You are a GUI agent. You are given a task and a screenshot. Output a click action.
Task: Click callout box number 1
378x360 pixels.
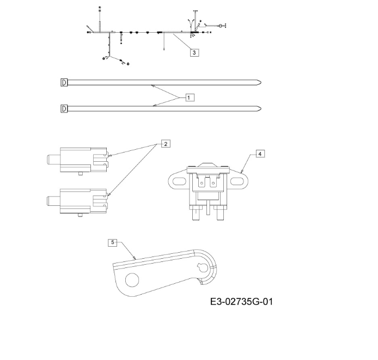coord(190,97)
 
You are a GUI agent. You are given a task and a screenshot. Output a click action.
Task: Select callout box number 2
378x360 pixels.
coord(166,144)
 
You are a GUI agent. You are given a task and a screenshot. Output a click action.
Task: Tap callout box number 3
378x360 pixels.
coord(194,53)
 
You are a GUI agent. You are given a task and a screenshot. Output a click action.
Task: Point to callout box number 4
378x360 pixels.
coord(260,154)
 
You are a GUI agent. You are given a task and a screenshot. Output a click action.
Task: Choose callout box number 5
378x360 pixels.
coord(113,242)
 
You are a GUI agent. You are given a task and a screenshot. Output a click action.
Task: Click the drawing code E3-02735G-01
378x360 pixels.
coord(241,302)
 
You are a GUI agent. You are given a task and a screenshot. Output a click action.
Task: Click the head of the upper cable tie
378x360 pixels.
coord(64,83)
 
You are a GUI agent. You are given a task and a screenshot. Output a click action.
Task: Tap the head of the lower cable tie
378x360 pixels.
coord(64,109)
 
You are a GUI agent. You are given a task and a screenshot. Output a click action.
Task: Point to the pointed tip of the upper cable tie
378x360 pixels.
coord(261,83)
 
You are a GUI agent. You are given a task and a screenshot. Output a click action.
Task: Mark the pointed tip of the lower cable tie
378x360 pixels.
coord(261,108)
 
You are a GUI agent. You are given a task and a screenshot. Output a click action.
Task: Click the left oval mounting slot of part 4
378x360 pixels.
coord(179,181)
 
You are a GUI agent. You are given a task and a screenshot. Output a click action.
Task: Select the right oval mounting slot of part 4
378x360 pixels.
coord(237,181)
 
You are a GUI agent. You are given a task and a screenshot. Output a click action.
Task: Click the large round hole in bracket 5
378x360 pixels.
coord(132,280)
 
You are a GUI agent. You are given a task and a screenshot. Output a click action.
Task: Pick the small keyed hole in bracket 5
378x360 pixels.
coord(202,266)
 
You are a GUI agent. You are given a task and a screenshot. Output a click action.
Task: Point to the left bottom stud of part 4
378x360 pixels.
coord(196,215)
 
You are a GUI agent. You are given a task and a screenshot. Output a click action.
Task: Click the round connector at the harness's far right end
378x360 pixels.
coord(221,26)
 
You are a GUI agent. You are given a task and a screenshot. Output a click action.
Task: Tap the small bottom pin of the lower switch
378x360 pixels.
coord(81,215)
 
